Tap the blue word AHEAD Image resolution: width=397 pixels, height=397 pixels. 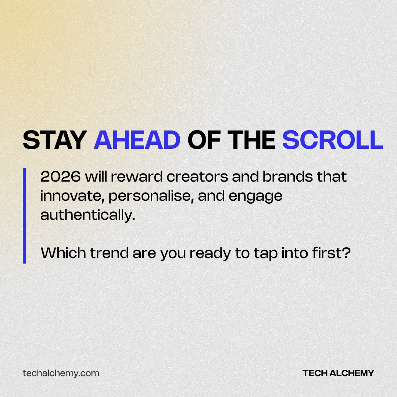(x=137, y=140)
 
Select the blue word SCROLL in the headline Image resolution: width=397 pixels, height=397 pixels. (x=333, y=140)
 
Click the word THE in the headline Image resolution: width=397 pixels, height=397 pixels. (x=250, y=140)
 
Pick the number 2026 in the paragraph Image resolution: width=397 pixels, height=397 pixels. (x=61, y=177)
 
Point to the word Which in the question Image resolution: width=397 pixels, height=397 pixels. (x=61, y=253)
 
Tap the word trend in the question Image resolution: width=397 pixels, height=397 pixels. (x=103, y=253)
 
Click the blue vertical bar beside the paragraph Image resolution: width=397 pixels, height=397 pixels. (x=24, y=216)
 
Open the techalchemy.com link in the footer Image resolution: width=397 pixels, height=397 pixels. (x=61, y=373)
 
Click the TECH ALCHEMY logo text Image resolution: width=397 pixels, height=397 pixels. (x=338, y=373)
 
